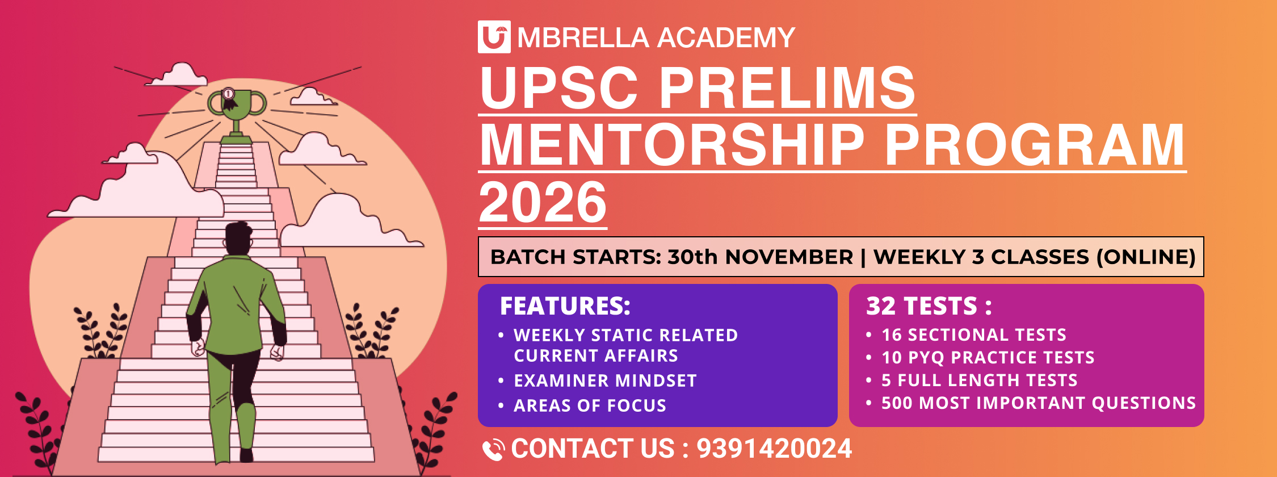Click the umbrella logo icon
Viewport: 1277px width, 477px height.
[x=494, y=37]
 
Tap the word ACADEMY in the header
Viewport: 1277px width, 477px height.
[x=726, y=38]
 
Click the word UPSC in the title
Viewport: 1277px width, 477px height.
[x=560, y=87]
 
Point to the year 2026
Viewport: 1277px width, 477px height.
[x=543, y=202]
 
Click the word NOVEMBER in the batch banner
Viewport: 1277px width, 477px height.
[x=789, y=257]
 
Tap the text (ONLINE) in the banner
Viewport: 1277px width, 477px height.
[x=1146, y=257]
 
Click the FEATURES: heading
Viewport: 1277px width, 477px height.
[x=565, y=306]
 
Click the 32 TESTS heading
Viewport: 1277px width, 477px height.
[x=929, y=306]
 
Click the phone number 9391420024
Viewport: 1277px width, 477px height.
[x=774, y=449]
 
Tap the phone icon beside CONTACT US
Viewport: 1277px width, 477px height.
[x=493, y=450]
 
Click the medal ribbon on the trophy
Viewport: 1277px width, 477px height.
[x=229, y=98]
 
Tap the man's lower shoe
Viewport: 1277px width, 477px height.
[x=246, y=455]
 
